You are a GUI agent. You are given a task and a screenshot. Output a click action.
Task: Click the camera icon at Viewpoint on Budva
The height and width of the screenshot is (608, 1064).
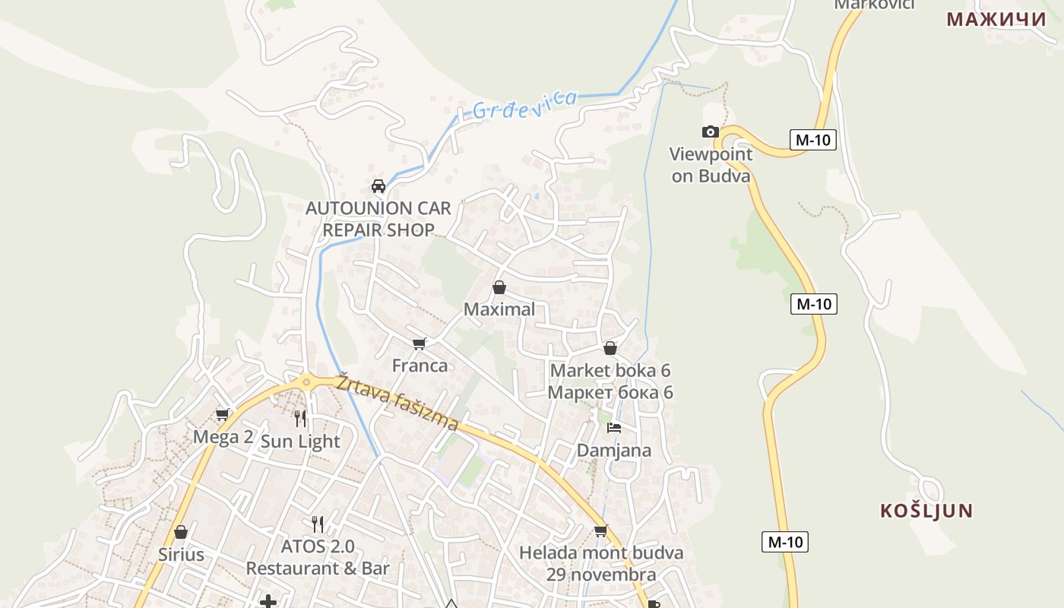click(711, 132)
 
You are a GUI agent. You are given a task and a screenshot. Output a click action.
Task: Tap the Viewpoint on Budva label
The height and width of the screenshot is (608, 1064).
click(711, 165)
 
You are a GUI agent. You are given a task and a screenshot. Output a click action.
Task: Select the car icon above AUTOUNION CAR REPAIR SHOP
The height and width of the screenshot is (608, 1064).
click(378, 186)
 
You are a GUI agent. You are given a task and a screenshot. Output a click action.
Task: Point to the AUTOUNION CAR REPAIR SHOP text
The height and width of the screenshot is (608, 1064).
click(378, 219)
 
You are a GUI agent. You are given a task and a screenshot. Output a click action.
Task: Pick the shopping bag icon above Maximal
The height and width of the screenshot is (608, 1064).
click(499, 287)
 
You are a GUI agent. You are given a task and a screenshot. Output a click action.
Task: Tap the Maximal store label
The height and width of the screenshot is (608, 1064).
click(499, 309)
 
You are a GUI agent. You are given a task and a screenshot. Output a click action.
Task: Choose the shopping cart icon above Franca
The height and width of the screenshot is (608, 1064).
click(420, 344)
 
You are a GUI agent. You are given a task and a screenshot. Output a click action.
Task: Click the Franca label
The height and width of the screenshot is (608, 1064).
click(420, 366)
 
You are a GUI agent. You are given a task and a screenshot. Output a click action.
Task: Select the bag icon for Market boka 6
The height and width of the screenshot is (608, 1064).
click(610, 349)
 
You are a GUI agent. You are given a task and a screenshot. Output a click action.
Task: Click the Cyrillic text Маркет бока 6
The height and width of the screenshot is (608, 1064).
click(610, 392)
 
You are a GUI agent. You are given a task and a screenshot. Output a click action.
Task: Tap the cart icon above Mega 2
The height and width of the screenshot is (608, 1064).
click(223, 415)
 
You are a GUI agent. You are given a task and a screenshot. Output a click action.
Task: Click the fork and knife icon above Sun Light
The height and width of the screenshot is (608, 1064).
click(300, 419)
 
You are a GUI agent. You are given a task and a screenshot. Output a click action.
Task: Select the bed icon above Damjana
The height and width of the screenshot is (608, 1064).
click(614, 428)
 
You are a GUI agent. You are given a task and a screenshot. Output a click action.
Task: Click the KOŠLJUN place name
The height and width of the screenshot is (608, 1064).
click(926, 511)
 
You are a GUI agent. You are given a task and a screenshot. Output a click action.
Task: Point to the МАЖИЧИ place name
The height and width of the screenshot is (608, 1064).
click(996, 20)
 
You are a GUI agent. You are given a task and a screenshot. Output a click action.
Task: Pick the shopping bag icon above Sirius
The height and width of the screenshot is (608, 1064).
click(181, 532)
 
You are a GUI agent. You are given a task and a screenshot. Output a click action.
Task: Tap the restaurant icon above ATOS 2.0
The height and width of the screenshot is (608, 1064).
click(318, 524)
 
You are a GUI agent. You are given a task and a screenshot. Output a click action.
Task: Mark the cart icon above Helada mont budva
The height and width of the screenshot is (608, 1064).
click(601, 530)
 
